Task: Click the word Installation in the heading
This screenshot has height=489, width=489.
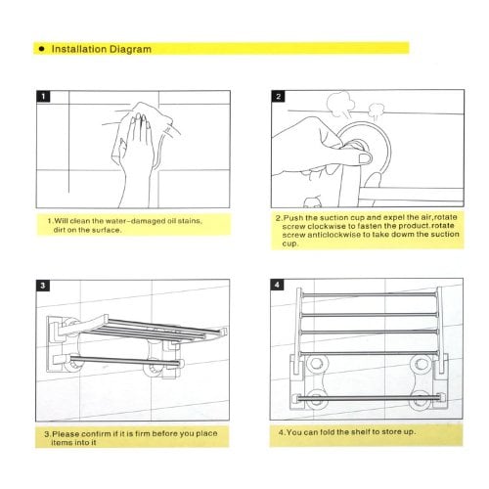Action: (x=79, y=49)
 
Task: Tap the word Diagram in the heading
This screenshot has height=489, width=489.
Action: (x=130, y=49)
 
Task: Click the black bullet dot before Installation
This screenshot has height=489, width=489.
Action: (x=41, y=49)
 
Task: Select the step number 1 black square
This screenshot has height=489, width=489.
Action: (x=43, y=97)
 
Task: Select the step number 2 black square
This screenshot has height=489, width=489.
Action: (x=278, y=96)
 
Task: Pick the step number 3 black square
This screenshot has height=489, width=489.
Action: (x=43, y=286)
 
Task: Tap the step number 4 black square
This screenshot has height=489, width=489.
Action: (x=277, y=285)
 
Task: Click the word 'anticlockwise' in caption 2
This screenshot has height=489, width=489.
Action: (x=333, y=235)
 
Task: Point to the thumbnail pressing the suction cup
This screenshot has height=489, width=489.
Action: (x=365, y=158)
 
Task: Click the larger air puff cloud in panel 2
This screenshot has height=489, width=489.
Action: (x=340, y=105)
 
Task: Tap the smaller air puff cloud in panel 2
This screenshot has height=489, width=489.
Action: (x=377, y=111)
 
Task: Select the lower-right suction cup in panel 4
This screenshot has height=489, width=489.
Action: (x=420, y=399)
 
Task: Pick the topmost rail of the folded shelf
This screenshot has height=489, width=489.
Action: (x=369, y=295)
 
